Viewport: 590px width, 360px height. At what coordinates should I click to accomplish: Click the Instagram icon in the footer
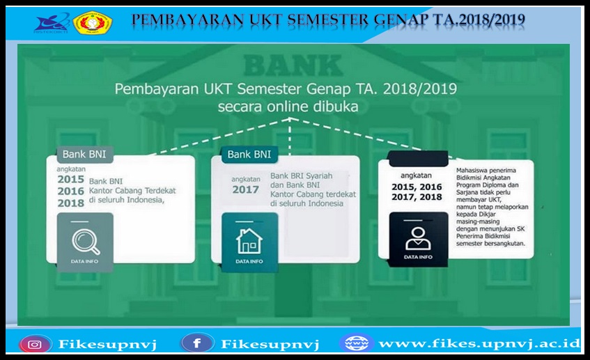[35, 344]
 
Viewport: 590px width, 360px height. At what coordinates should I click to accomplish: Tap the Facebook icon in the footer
[197, 343]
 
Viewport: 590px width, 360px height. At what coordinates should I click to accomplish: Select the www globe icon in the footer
[357, 343]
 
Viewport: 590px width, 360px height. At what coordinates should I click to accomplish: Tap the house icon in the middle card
[249, 241]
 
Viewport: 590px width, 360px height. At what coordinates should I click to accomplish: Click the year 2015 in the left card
[70, 179]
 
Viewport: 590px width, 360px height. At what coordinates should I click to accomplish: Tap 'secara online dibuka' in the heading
[288, 107]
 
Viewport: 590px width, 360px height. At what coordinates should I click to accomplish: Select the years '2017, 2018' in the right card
[417, 198]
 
